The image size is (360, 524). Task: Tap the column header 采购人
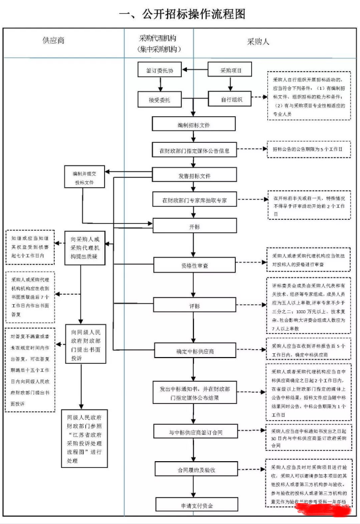(257, 41)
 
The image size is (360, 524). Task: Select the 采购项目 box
(229, 70)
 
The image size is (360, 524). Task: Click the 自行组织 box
(229, 100)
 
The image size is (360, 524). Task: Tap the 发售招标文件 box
(194, 176)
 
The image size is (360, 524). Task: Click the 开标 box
(194, 226)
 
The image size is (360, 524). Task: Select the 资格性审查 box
(194, 266)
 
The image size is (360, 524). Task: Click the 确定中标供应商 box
(194, 350)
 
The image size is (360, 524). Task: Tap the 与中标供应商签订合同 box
(194, 432)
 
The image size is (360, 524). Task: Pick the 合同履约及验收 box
(194, 470)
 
